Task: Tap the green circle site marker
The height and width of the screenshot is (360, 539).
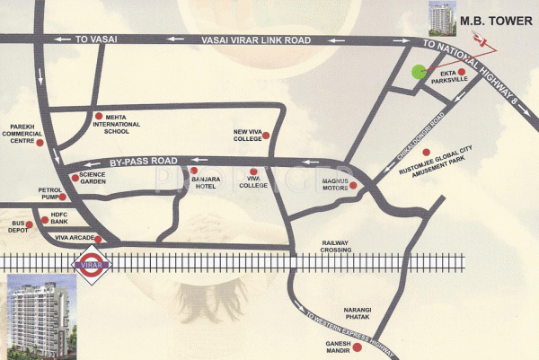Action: coord(418,73)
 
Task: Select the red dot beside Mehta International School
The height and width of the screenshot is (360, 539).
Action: coord(98,115)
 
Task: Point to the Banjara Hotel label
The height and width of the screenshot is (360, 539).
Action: coord(206,183)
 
